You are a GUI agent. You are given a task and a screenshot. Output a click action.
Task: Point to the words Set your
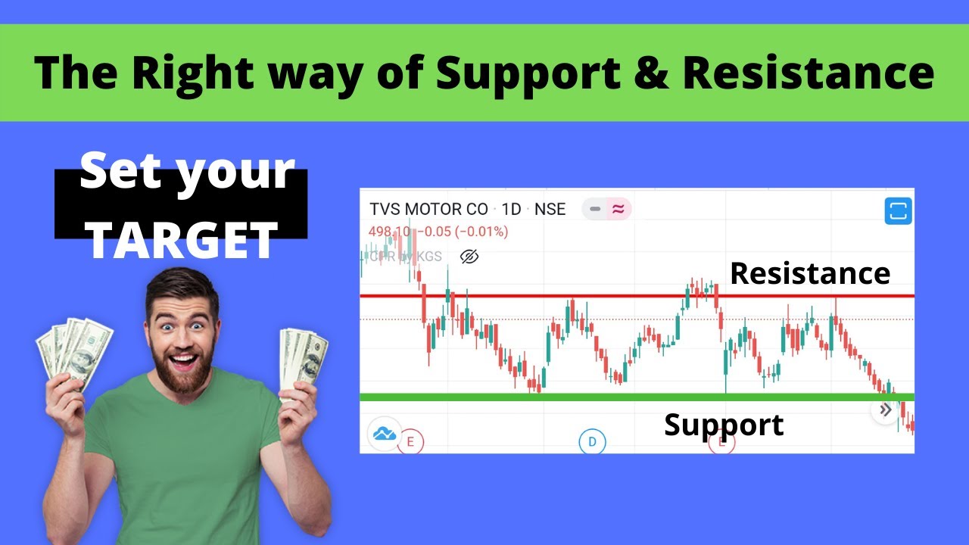click(186, 173)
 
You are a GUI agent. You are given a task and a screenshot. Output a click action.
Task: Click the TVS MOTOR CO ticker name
click(428, 209)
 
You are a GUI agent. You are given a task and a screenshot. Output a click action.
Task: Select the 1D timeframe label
click(512, 209)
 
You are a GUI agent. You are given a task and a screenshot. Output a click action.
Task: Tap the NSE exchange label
click(550, 209)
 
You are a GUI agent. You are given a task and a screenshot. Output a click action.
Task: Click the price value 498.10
click(389, 232)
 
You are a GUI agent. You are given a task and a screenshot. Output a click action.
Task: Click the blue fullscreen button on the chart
click(898, 211)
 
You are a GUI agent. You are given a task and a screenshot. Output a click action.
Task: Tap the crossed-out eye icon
click(469, 257)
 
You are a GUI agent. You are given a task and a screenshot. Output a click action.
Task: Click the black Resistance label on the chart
click(809, 273)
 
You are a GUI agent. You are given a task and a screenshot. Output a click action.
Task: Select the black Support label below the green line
click(724, 425)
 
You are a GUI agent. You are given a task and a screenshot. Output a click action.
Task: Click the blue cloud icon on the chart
click(385, 434)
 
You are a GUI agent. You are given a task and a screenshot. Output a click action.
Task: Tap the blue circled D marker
click(592, 441)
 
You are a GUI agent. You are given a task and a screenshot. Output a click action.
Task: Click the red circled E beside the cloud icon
click(410, 441)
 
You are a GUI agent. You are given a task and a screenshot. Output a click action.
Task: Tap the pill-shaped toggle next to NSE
click(606, 209)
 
